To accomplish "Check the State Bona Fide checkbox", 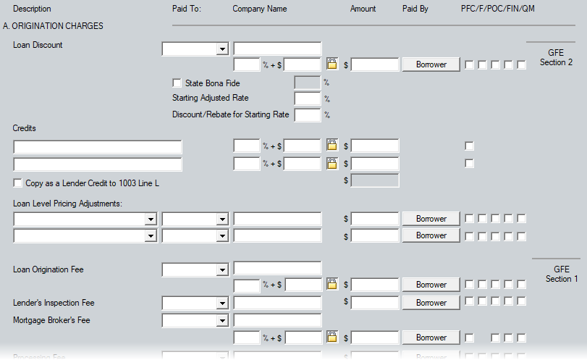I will click(x=177, y=83).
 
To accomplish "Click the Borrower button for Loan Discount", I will click(x=431, y=64).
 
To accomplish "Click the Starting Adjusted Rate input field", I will click(x=308, y=99).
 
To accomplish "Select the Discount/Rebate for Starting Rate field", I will click(x=308, y=114).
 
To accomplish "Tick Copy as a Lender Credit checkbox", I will click(x=18, y=183).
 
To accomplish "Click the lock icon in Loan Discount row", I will click(x=332, y=64).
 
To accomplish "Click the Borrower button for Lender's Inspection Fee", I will click(x=431, y=303).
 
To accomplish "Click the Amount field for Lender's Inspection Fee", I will click(x=375, y=303).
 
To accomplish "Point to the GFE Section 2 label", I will click(x=556, y=58).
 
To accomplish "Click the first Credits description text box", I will click(x=98, y=146).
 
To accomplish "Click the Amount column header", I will click(x=363, y=9).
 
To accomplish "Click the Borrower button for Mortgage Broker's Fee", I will click(x=431, y=338).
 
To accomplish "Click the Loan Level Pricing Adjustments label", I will click(x=68, y=204).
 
